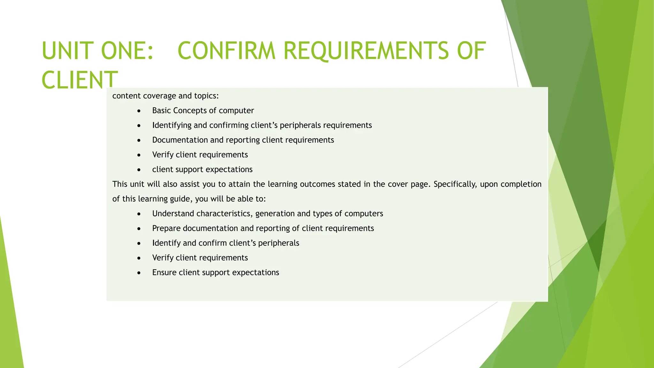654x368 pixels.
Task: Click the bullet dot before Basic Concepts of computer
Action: (139, 111)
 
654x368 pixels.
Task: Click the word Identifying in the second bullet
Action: (172, 125)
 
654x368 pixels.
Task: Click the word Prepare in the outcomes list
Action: (166, 228)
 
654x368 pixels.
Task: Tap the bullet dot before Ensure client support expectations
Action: (139, 273)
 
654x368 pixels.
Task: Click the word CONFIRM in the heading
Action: (226, 51)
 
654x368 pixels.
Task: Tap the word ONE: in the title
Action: (127, 51)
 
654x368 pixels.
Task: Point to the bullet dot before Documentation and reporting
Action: (139, 140)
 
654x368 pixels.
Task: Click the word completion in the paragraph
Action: (521, 184)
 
